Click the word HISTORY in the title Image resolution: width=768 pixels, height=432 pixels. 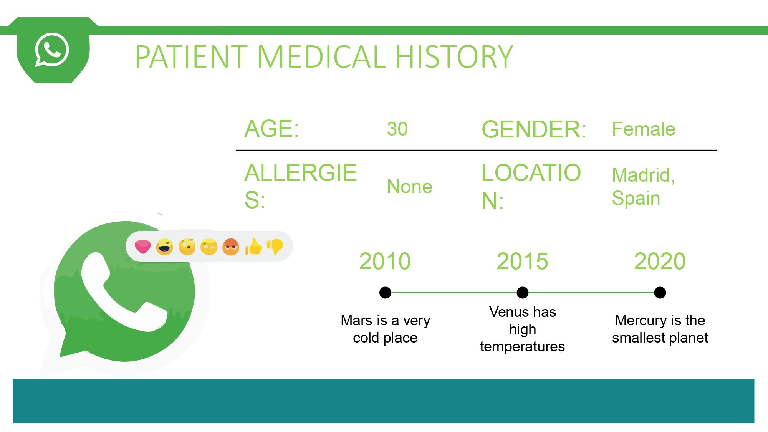[x=454, y=56]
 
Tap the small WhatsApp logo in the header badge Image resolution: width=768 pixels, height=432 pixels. [x=52, y=50]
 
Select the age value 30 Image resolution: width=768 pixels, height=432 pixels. [x=397, y=129]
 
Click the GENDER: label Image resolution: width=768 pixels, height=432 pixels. [x=534, y=129]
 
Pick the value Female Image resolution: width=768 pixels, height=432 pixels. [x=644, y=129]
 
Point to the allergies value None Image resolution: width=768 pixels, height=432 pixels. [x=409, y=187]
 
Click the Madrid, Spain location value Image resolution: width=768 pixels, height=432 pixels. [x=644, y=187]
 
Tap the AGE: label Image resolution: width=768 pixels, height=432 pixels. [x=272, y=129]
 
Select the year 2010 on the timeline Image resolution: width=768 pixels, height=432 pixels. [x=385, y=262]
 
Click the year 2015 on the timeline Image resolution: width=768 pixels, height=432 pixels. [x=522, y=262]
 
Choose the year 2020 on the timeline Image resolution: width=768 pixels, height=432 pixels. [x=660, y=262]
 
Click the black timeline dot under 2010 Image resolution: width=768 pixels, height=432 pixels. [x=385, y=293]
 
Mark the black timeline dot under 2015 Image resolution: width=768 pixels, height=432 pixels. [x=523, y=293]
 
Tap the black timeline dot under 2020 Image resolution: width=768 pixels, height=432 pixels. [x=660, y=293]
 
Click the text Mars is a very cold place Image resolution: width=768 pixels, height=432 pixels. [x=385, y=329]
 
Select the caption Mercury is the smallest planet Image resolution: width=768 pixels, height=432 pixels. [x=660, y=329]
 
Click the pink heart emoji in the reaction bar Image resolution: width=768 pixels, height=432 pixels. [x=142, y=247]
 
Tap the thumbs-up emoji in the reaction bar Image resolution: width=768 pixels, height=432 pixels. [x=253, y=247]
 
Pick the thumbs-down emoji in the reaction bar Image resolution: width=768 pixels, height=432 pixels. [x=275, y=247]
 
